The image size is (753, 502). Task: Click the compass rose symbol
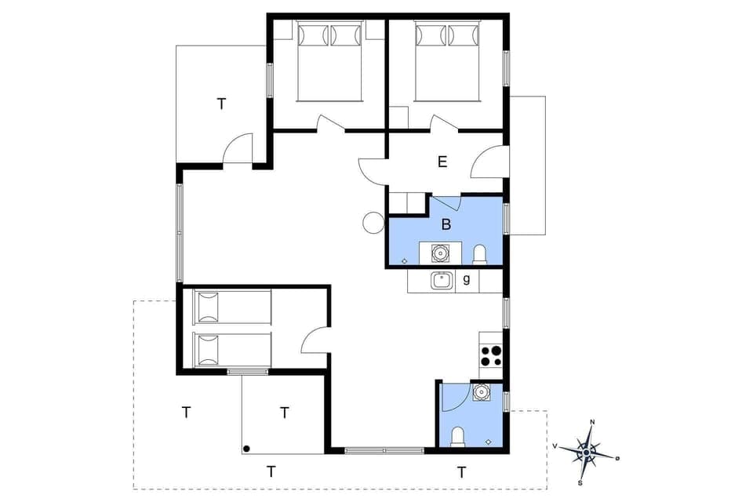(x=587, y=452)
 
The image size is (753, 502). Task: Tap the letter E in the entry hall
(x=442, y=162)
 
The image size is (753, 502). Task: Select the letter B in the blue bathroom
(x=446, y=225)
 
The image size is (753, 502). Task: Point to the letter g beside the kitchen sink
(x=467, y=279)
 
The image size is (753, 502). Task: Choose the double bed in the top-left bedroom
(x=330, y=62)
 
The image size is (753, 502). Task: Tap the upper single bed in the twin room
(x=232, y=307)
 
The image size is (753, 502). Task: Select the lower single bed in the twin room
(x=232, y=350)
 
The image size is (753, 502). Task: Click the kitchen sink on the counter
(x=442, y=280)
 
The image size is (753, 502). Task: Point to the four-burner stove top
(x=491, y=357)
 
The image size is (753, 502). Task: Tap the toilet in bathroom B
(x=480, y=254)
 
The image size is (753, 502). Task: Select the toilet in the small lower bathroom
(x=459, y=436)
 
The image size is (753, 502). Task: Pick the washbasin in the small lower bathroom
(x=481, y=391)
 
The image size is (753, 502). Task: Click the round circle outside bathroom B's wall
(x=372, y=224)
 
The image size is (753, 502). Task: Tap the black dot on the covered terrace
(x=246, y=449)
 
